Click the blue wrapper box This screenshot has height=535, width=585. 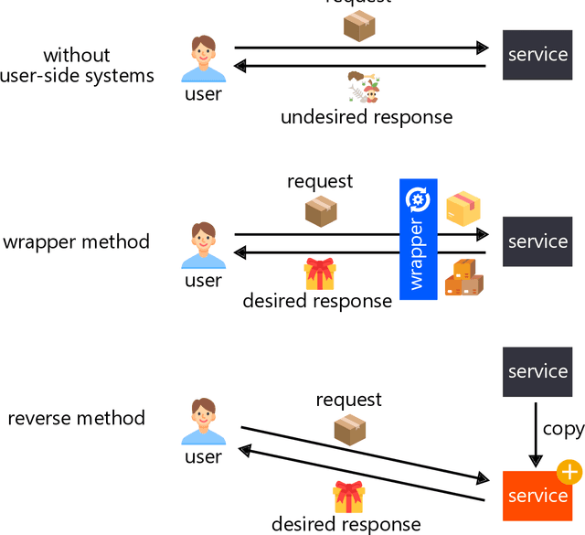point(419,240)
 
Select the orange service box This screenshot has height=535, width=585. point(537,495)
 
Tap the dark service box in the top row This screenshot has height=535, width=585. point(537,54)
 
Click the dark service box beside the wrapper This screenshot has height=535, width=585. point(537,241)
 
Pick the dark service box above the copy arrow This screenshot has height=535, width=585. point(537,371)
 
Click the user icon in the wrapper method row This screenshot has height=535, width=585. point(203,244)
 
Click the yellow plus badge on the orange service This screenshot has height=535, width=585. point(569,473)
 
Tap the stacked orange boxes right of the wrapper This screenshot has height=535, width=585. point(463,278)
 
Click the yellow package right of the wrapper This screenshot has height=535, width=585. point(463,209)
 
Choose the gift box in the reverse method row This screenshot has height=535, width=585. point(347,497)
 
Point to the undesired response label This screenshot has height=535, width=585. point(366,117)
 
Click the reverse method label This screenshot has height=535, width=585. point(77,418)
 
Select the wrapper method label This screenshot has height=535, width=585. point(77,242)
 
